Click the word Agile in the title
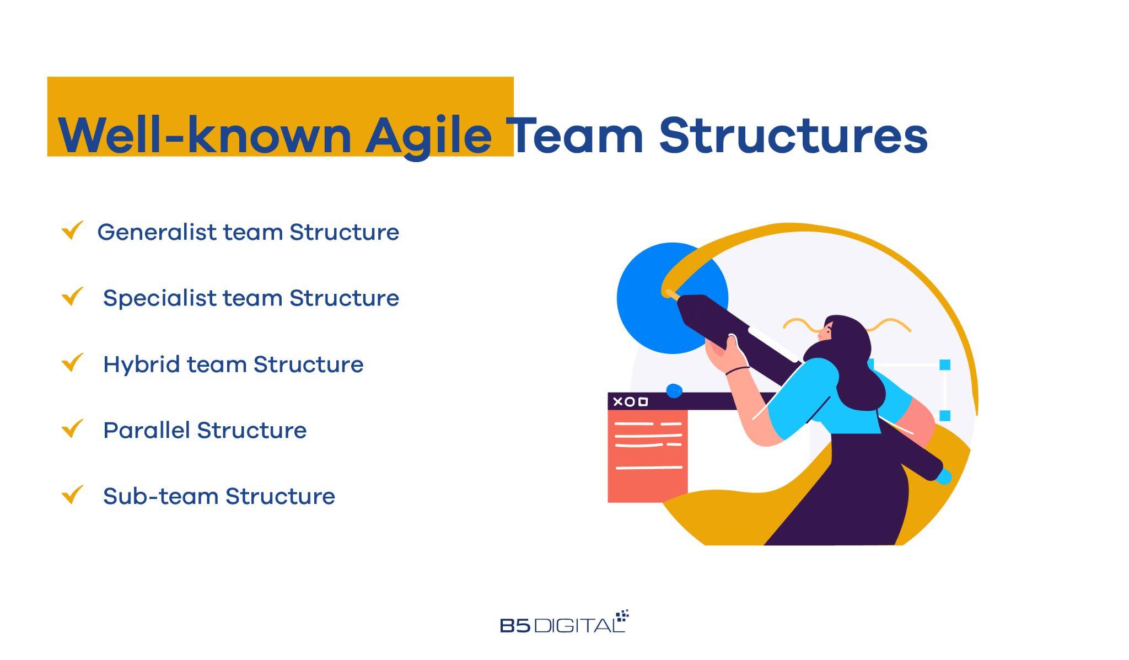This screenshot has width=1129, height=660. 428,136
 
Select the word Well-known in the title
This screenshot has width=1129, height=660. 205,136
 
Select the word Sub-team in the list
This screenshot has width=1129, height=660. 160,496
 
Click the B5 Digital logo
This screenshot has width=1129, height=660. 563,623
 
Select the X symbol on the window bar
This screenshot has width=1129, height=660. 617,401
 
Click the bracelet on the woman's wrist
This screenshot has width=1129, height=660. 737,371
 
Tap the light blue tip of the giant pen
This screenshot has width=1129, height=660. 944,476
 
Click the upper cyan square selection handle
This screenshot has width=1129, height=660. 944,364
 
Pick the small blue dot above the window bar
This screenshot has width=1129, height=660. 674,391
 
